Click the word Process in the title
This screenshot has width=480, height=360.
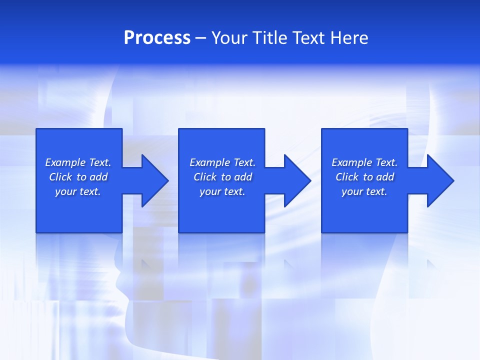[x=157, y=38]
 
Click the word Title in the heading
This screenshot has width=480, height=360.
[x=271, y=38]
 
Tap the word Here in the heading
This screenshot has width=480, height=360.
[x=349, y=38]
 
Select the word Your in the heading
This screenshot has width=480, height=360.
[x=230, y=38]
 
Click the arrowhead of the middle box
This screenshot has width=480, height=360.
[x=297, y=180]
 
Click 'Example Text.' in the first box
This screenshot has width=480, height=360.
[x=78, y=162]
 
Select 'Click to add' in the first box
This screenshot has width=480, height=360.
[x=78, y=177]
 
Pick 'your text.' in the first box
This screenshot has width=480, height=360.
[x=78, y=191]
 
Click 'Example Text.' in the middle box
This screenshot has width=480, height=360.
[x=222, y=162]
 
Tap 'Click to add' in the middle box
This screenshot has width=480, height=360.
[x=222, y=177]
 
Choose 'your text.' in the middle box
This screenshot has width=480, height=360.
[x=222, y=191]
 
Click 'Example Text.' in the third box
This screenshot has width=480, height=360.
[x=364, y=162]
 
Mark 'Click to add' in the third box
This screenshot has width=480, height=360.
[x=364, y=177]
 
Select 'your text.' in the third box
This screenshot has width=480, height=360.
[x=364, y=191]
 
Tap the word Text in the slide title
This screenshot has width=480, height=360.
[x=308, y=38]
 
